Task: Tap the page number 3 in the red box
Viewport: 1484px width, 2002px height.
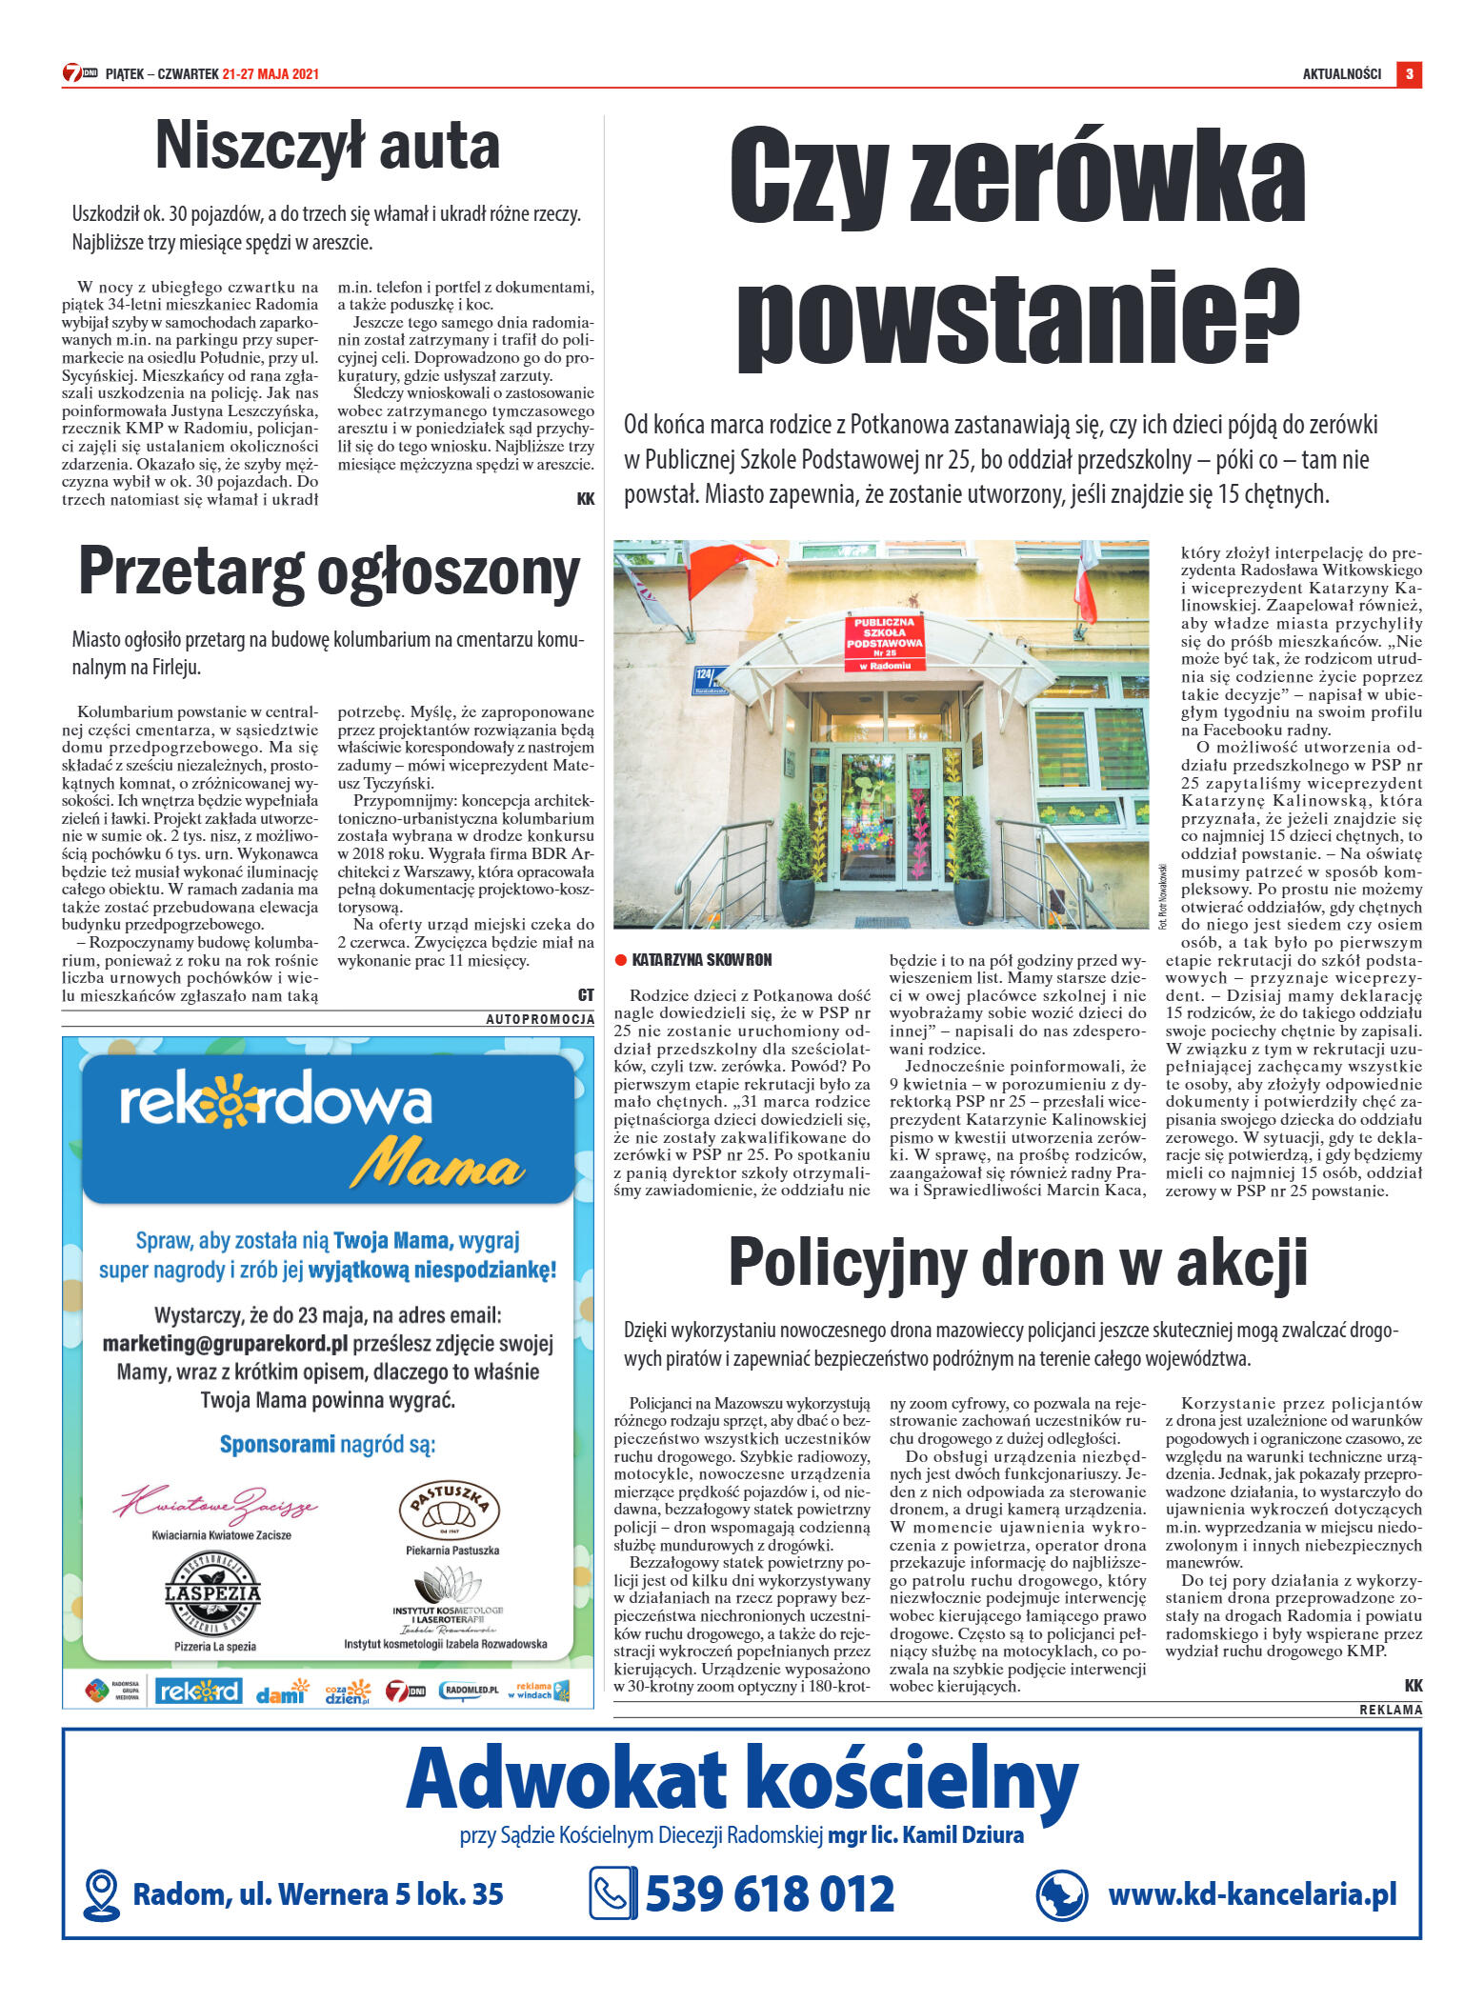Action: tap(1409, 74)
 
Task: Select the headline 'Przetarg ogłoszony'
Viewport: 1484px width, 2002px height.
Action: tap(329, 573)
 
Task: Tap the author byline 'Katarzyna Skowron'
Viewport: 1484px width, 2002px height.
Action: tap(701, 959)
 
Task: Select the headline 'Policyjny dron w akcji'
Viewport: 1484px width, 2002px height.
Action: tap(1017, 1262)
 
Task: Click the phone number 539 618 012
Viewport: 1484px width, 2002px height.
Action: tap(770, 1893)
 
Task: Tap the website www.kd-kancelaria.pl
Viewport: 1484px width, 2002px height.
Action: tap(1252, 1893)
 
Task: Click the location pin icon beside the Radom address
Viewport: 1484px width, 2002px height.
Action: tap(101, 1894)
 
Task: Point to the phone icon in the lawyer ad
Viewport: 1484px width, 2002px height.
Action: tap(612, 1893)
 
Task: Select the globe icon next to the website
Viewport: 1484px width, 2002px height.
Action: tap(1061, 1894)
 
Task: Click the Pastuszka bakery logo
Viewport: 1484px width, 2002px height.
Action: tap(449, 1510)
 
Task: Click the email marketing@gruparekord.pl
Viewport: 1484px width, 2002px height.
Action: tap(225, 1344)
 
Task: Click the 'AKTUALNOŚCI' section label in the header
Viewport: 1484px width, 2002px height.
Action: tap(1341, 74)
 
